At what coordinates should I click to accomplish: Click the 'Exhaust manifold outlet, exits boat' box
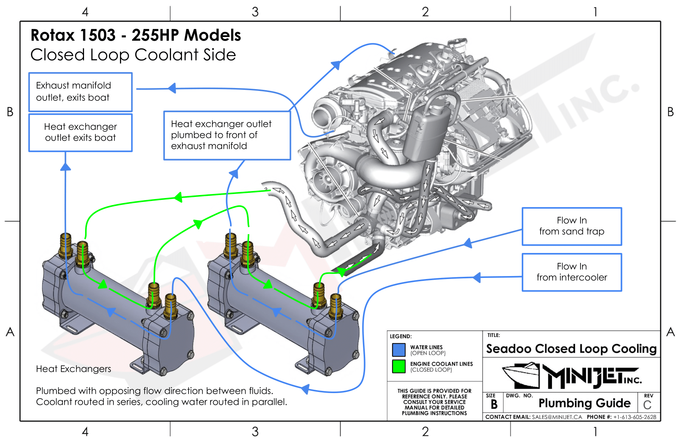pyautogui.click(x=80, y=92)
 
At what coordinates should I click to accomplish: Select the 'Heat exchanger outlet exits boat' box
pyautogui.click(x=80, y=132)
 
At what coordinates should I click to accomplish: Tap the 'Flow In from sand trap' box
pyautogui.click(x=571, y=226)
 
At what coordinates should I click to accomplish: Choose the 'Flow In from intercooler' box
pyautogui.click(x=571, y=272)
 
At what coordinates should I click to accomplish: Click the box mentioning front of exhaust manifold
pyautogui.click(x=227, y=135)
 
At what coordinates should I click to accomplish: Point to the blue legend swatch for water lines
pyautogui.click(x=399, y=350)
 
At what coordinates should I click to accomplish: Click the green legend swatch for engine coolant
pyautogui.click(x=399, y=366)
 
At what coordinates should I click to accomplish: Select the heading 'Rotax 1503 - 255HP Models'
pyautogui.click(x=136, y=35)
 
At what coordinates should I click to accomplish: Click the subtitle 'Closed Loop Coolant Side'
pyautogui.click(x=133, y=55)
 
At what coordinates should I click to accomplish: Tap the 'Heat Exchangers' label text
pyautogui.click(x=73, y=369)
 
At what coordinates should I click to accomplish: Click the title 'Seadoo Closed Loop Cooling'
pyautogui.click(x=571, y=349)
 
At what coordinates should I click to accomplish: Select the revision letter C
pyautogui.click(x=647, y=405)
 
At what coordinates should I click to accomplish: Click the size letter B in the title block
pyautogui.click(x=494, y=404)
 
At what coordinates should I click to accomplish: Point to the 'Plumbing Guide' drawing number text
pyautogui.click(x=584, y=403)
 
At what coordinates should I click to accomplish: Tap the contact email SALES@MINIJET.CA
pyautogui.click(x=557, y=417)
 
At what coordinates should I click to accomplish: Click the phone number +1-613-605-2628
pyautogui.click(x=634, y=417)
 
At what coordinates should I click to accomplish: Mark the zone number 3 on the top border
pyautogui.click(x=255, y=12)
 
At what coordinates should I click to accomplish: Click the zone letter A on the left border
pyautogui.click(x=10, y=332)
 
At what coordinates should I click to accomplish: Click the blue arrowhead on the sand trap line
pyautogui.click(x=468, y=243)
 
